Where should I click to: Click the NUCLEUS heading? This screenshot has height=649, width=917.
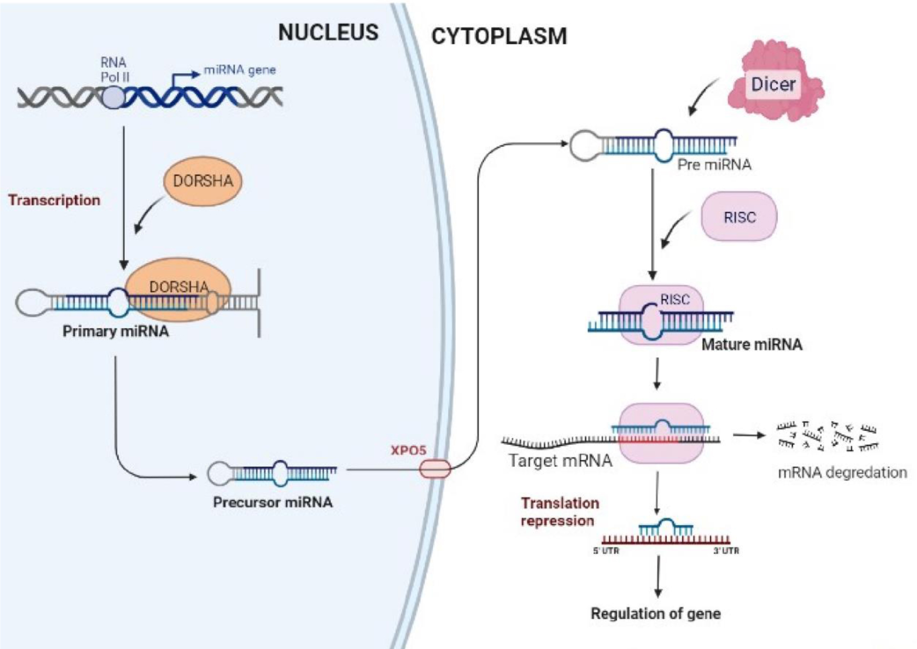328,33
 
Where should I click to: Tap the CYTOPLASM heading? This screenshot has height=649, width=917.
498,37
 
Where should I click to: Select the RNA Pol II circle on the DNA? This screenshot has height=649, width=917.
113,98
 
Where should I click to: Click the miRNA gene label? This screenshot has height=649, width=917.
239,70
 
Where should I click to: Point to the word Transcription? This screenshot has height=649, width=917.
54,200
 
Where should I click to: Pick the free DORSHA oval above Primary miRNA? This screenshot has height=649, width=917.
203,181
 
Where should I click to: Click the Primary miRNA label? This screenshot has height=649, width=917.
115,331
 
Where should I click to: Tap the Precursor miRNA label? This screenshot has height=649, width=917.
273,502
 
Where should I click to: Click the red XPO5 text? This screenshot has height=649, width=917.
408,450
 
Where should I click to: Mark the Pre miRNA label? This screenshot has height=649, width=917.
714,164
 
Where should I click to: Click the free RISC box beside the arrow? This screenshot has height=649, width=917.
739,217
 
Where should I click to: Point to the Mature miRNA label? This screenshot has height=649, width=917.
751,344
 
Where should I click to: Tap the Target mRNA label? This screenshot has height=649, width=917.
560,461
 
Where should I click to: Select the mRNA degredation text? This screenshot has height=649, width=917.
842,473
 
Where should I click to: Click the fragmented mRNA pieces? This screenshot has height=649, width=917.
826,435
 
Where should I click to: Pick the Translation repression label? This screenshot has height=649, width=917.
559,512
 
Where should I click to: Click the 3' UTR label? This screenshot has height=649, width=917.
725,551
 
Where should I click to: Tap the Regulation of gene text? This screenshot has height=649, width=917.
655,614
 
